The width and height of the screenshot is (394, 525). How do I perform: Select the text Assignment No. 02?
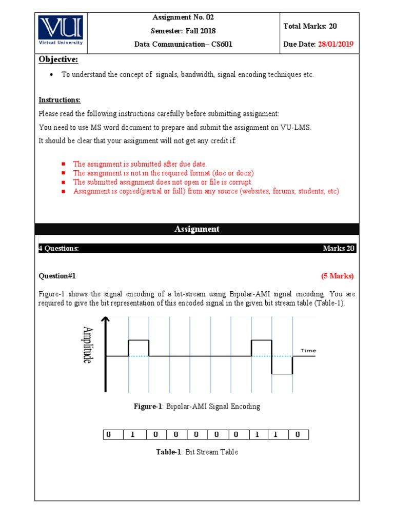(183, 17)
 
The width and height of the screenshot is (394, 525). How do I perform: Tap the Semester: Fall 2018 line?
(184, 31)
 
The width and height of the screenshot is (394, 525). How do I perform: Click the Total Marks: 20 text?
(310, 27)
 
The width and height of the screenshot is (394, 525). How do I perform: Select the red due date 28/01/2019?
(336, 45)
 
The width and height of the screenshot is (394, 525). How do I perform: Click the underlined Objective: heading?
(58, 60)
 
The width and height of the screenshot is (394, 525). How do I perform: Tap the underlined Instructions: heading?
(60, 100)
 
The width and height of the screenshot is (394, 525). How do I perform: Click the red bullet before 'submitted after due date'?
(63, 164)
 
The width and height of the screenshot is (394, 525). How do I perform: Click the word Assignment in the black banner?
(196, 229)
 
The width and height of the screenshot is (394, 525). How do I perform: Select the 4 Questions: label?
(58, 249)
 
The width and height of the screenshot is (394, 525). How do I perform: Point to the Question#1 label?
(57, 276)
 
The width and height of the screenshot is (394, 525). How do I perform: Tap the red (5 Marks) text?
(337, 276)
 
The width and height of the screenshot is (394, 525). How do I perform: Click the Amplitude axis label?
(88, 345)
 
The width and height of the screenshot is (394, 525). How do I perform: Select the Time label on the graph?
(308, 351)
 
